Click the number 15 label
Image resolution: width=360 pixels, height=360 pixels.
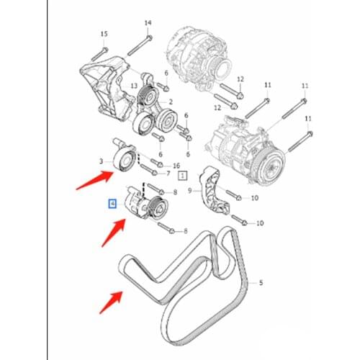tap(104, 34)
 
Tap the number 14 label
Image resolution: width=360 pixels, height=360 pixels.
tap(148, 23)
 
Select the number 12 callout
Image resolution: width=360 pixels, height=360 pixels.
tap(240, 78)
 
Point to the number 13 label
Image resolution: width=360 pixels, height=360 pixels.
tap(134, 85)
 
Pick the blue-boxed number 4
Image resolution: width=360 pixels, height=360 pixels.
tap(112, 204)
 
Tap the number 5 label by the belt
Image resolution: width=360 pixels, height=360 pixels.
tap(261, 283)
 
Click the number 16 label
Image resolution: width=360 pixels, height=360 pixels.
tap(176, 166)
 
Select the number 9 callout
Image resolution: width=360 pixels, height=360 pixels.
tap(190, 191)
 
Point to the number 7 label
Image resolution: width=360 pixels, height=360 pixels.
tap(168, 174)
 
